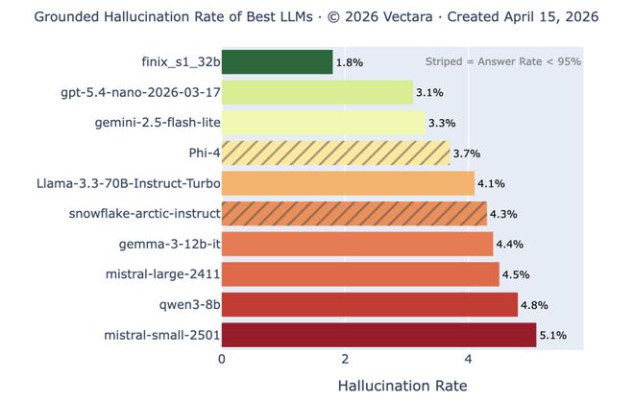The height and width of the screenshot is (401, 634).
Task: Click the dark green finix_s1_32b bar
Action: [x=277, y=62]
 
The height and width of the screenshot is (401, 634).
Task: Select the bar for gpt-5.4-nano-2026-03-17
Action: [x=317, y=93]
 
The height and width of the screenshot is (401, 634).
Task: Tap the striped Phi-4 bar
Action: [x=335, y=153]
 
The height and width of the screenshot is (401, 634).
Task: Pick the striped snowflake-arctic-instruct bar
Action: [x=354, y=213]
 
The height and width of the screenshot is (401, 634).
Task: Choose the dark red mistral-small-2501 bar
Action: [x=378, y=335]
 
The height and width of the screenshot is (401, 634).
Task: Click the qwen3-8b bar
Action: [x=369, y=305]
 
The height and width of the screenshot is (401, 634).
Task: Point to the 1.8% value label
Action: [x=349, y=62]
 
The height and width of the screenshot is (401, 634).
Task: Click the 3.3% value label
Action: [x=441, y=124]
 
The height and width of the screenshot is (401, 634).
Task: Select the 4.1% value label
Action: [x=490, y=183]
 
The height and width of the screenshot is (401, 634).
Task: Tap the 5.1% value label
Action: [x=552, y=336]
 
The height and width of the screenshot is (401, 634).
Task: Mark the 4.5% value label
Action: [x=515, y=275]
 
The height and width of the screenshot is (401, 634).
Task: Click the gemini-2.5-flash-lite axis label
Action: [x=158, y=124]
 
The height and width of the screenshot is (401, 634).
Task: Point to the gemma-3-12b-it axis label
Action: [x=169, y=245]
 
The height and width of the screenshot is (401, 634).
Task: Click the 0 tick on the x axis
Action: [x=222, y=360]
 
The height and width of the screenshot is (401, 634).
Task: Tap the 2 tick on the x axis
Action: [x=345, y=360]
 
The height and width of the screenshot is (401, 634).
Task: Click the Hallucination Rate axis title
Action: [x=402, y=386]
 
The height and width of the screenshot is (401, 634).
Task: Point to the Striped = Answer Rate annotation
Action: [x=502, y=62]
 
